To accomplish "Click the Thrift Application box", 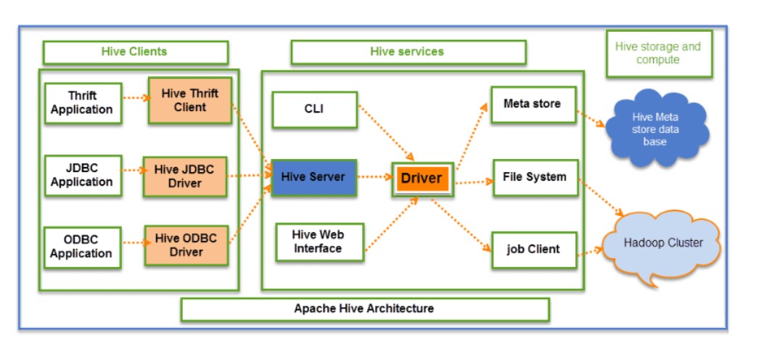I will [82, 103].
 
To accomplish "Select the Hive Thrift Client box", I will [189, 101].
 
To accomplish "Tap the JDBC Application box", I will [81, 175].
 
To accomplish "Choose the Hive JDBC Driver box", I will [184, 176].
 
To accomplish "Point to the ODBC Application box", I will [81, 247].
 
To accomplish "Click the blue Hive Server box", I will [313, 177].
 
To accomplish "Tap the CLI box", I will [314, 110].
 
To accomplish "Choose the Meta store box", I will [532, 105].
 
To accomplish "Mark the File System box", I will [534, 177].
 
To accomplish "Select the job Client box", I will [533, 250].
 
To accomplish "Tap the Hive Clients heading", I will [134, 52].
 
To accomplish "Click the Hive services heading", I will [407, 52].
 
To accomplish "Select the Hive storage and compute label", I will [658, 54].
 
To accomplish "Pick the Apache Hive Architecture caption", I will [364, 309].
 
